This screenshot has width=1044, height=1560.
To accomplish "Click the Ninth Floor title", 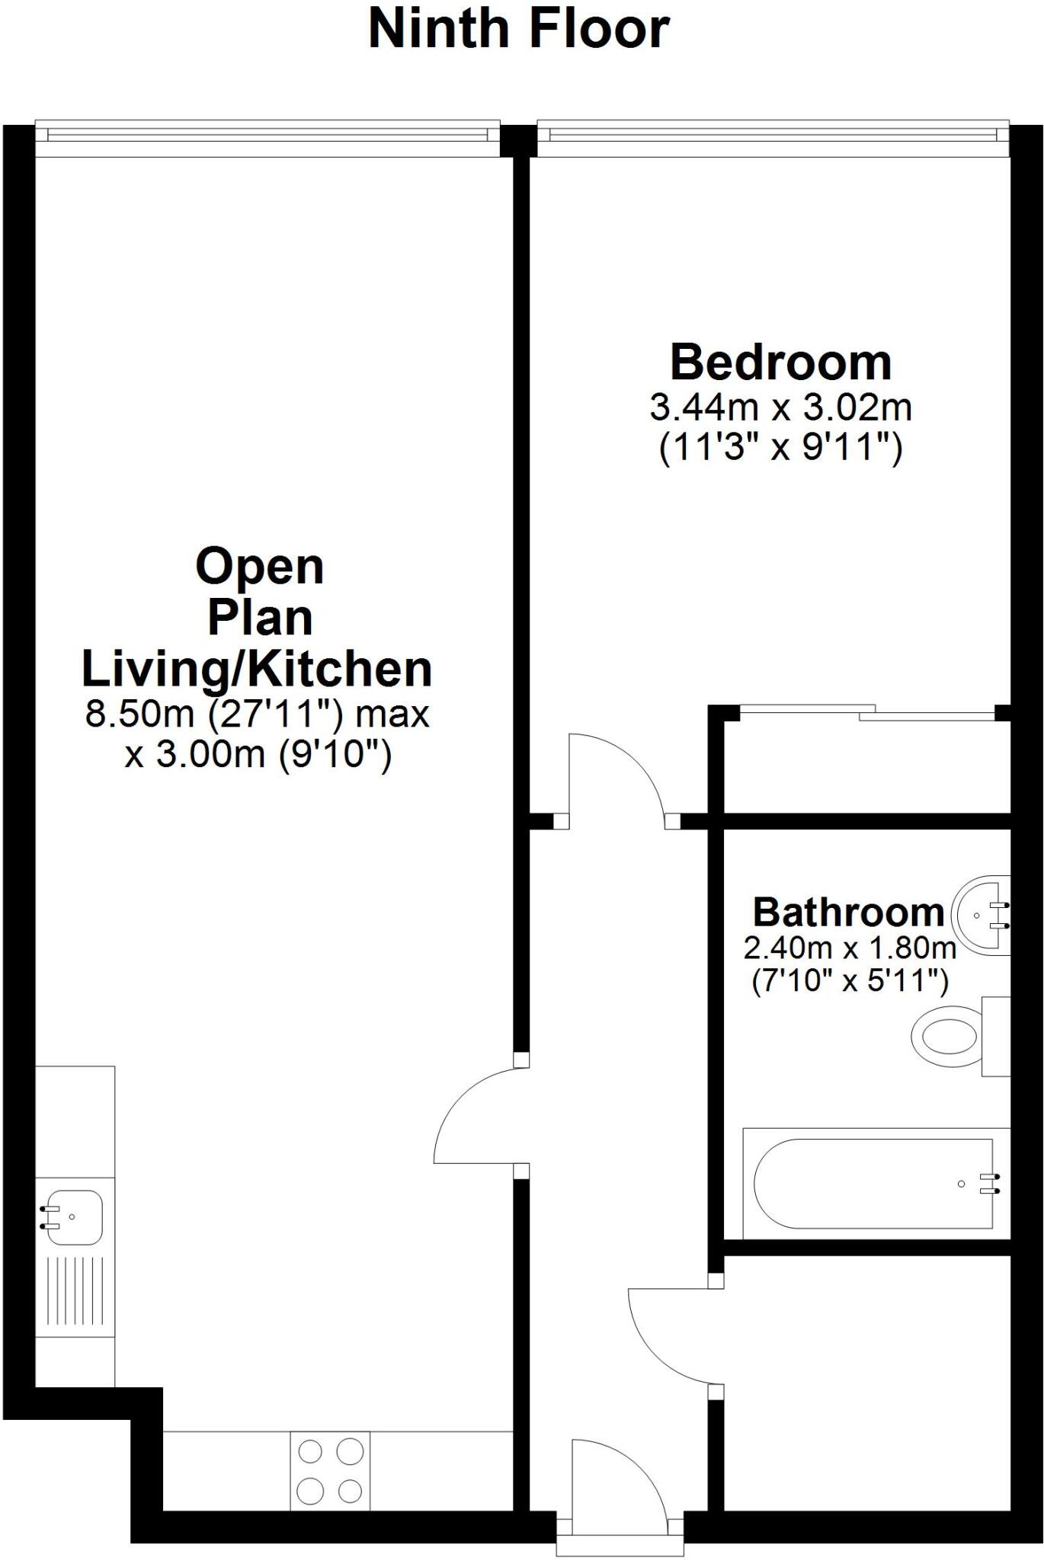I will (519, 29).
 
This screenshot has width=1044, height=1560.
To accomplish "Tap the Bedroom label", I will (780, 363).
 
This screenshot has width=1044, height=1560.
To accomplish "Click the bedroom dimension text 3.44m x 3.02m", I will (780, 408).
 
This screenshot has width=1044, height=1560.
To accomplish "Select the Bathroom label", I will (848, 912).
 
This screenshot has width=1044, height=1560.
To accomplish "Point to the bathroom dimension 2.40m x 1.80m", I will (850, 948).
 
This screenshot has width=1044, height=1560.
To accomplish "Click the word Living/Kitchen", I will (257, 669).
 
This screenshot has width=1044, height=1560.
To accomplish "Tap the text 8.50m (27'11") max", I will (257, 714).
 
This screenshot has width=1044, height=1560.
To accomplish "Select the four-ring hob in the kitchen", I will (330, 1470).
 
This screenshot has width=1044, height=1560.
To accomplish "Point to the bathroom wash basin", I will (983, 915).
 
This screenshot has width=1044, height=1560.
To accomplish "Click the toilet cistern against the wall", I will (996, 1036).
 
